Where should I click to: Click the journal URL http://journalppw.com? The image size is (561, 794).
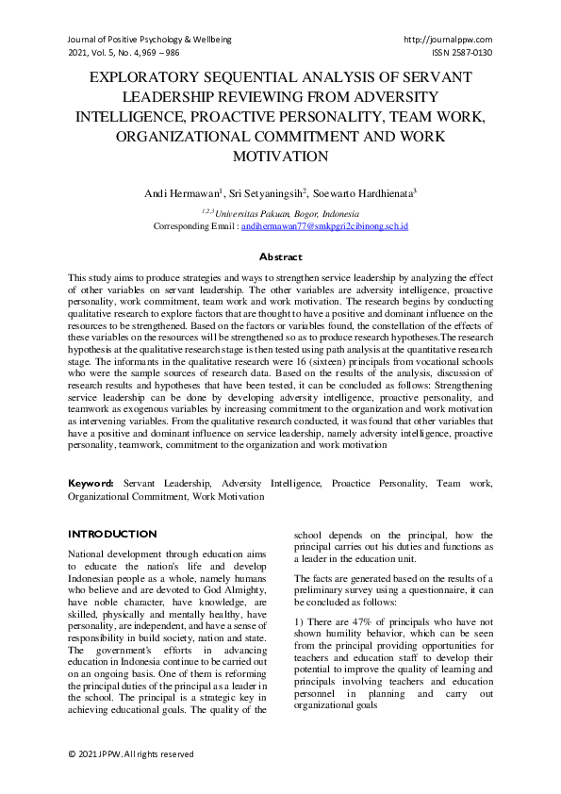click(448, 40)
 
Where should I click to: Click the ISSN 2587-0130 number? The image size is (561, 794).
click(462, 53)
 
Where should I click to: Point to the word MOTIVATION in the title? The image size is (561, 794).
click(280, 156)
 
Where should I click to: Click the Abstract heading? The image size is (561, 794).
click(280, 256)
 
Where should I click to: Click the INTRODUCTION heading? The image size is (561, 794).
click(112, 534)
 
